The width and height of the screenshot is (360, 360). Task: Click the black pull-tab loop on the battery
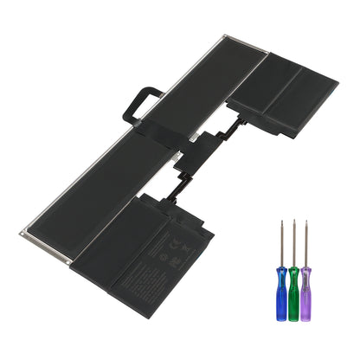144,100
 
